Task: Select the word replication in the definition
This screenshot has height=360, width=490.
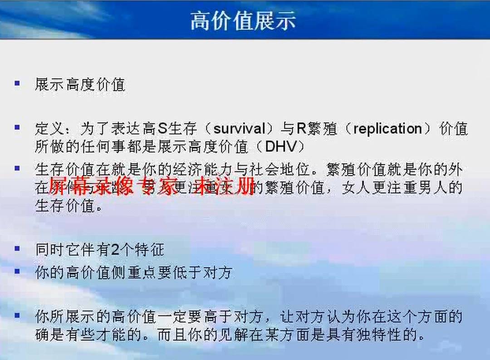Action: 388,129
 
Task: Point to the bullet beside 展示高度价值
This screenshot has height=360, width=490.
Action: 17,83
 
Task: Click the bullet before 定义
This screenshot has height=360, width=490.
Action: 17,128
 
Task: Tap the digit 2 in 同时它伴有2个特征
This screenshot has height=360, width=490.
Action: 115,249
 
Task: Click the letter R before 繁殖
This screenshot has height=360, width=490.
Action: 301,129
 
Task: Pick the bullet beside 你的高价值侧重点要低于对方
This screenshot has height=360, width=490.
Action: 17,271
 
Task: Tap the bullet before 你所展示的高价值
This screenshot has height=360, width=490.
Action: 17,315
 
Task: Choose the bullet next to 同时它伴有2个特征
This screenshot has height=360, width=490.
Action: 17,248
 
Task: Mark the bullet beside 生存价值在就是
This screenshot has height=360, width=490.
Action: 17,168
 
